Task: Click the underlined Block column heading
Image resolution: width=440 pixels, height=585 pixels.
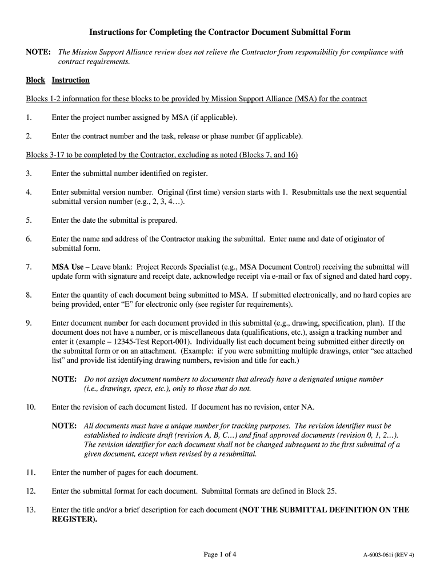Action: pos(35,80)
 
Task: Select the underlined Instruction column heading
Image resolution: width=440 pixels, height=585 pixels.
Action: pos(70,80)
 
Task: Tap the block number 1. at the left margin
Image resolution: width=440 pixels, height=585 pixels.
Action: pos(29,118)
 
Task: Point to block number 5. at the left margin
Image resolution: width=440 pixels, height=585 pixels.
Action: pos(29,220)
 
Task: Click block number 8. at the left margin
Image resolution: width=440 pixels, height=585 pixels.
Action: pos(29,295)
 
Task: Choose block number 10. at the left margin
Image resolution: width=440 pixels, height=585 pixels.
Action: pos(31,407)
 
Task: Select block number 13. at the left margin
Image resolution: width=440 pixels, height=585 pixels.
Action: pos(31,510)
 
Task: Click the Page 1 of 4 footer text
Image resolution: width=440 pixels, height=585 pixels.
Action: pos(220,554)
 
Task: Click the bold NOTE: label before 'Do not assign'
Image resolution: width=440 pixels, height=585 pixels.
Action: pos(64,379)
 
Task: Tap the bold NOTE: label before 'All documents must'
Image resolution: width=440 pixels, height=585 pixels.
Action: pos(64,426)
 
